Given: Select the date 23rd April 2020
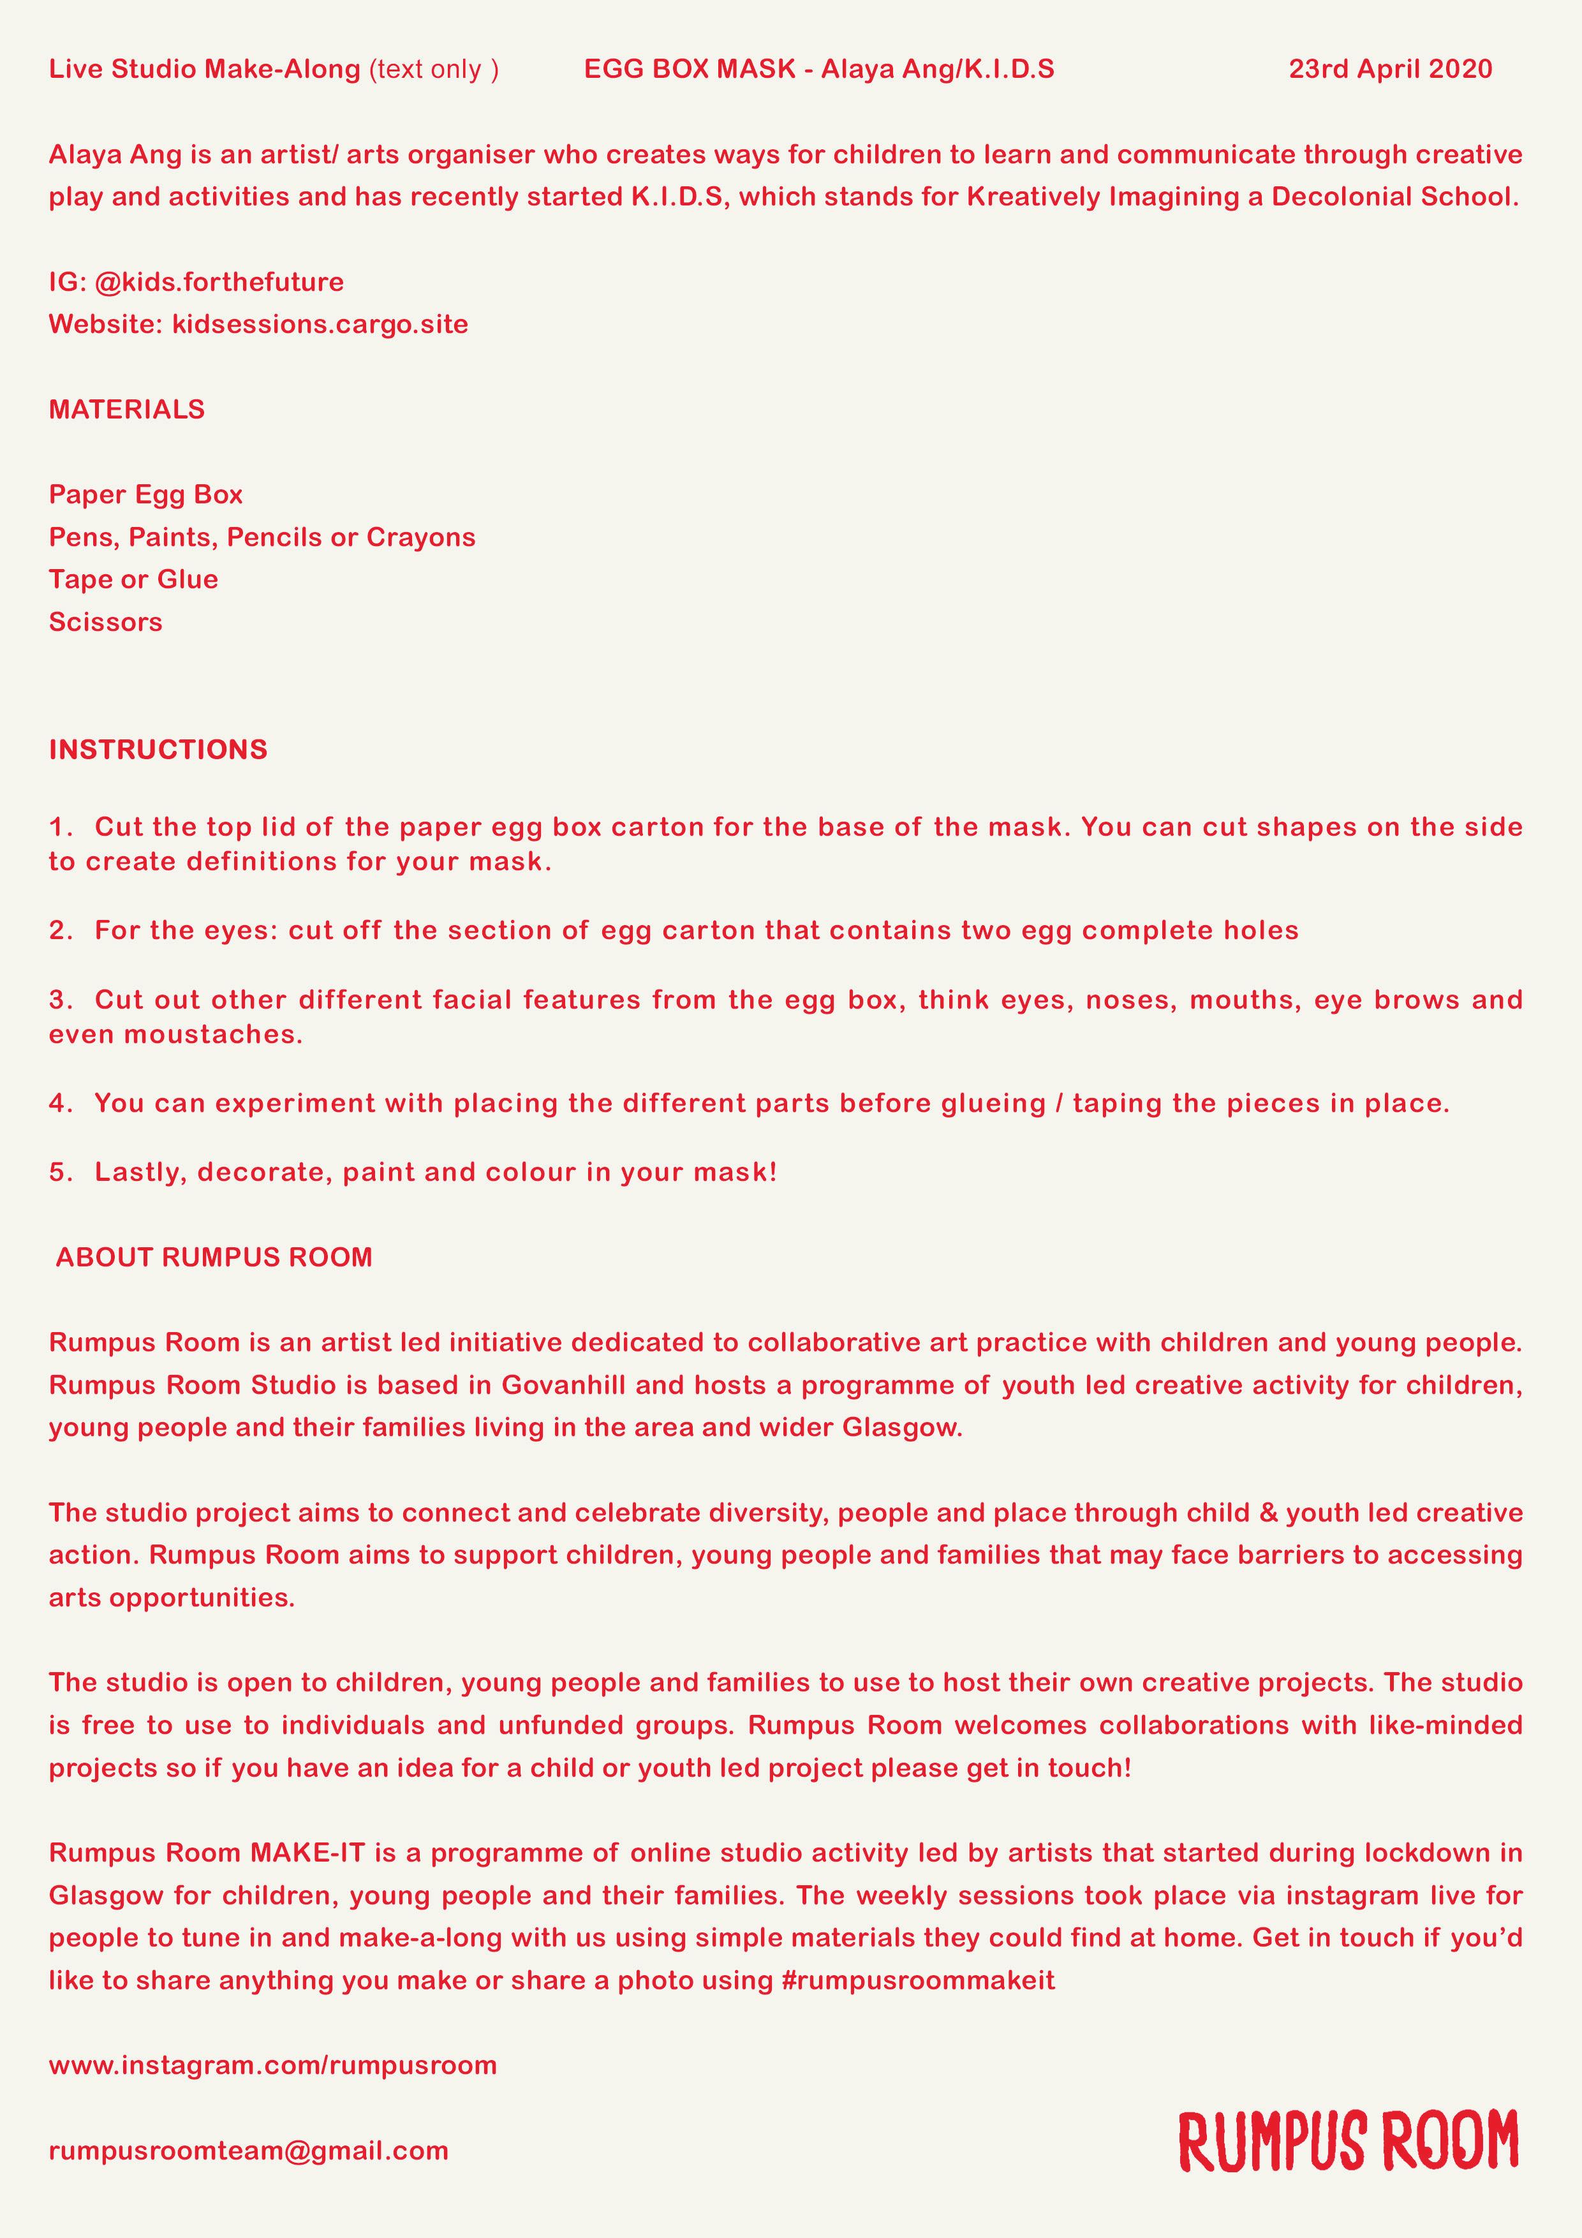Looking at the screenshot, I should tap(1390, 69).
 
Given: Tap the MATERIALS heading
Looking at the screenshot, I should tap(127, 410).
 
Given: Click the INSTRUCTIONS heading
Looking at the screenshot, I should tap(158, 750).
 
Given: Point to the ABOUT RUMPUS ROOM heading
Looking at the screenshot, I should tap(214, 1257).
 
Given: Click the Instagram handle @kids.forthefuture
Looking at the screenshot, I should tap(219, 283).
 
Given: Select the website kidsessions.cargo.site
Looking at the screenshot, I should tap(320, 325).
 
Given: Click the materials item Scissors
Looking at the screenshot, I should tap(105, 622).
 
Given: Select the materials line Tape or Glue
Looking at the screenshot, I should tap(133, 580).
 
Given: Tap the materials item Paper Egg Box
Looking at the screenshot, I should tap(146, 495).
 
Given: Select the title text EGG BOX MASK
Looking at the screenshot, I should tap(690, 69).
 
